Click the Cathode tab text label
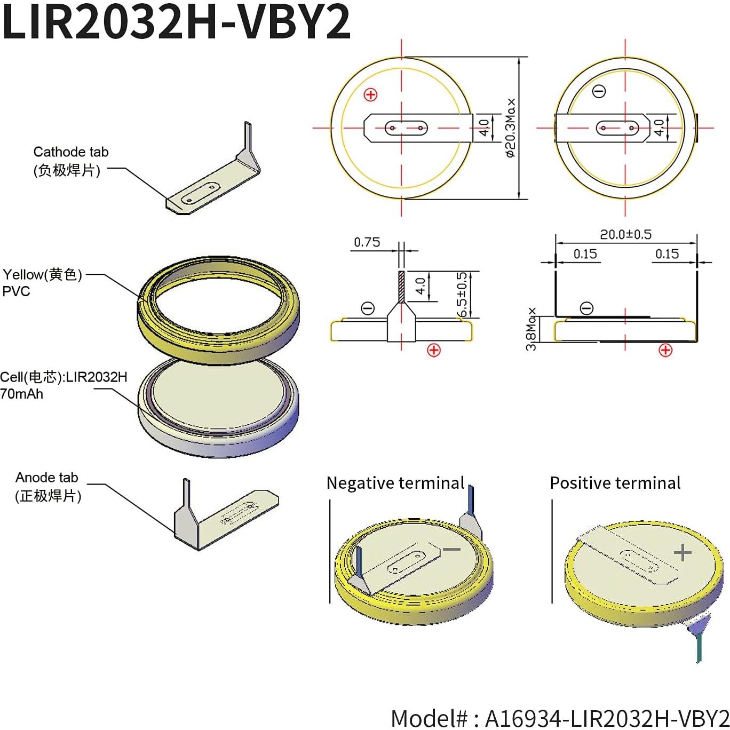coord(70,152)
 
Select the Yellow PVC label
coord(43,282)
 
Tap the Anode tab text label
coord(47,478)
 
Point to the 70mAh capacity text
coord(21,394)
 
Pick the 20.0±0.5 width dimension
coord(625,234)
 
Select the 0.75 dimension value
coord(367,242)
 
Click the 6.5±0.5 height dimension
coord(462,294)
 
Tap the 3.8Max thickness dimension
coord(531,329)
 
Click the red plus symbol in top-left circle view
coord(370,95)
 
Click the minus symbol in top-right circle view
coord(599,91)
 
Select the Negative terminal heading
coord(395,483)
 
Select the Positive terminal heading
coord(615,483)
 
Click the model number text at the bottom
coord(559,718)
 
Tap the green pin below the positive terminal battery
coord(699,648)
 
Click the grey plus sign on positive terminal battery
coord(683,553)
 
